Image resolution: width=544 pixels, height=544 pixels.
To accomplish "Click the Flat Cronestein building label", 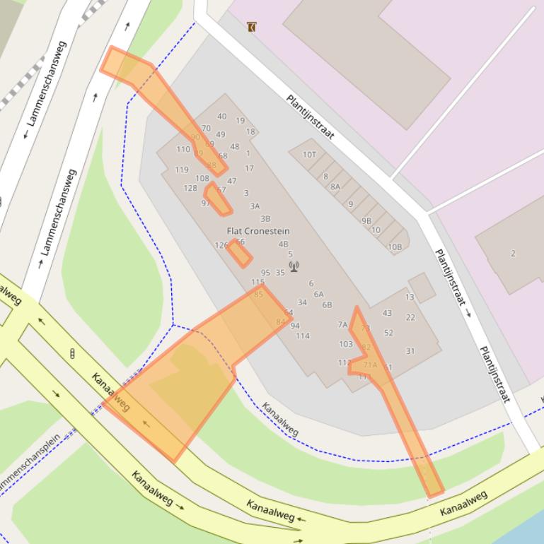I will (257, 231).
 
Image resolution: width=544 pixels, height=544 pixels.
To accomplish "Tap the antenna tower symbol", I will (294, 266).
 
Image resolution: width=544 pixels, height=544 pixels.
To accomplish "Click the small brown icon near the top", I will (251, 27).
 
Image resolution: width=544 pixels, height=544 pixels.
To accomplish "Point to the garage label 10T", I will (309, 155).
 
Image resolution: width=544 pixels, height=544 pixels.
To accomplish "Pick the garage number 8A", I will (335, 187).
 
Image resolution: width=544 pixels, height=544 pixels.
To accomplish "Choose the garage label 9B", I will (366, 220).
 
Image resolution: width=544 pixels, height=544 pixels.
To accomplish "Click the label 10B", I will (394, 247).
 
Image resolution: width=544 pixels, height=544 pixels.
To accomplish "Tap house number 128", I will (190, 188).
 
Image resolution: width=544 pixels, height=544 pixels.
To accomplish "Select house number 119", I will (182, 170).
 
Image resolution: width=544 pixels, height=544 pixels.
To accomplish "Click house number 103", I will (345, 344).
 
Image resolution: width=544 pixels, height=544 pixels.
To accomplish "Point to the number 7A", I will (342, 325).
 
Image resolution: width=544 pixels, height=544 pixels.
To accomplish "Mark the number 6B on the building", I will (327, 305).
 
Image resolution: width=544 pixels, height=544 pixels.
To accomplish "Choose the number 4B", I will (283, 244).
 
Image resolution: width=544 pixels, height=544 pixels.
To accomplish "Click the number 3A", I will (255, 206).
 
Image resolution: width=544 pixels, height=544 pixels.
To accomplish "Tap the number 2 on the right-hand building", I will (513, 254).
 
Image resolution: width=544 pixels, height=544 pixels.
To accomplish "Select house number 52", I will (388, 333).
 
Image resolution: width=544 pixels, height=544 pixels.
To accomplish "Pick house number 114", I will (303, 336).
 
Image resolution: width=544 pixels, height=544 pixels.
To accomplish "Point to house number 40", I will (222, 117).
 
